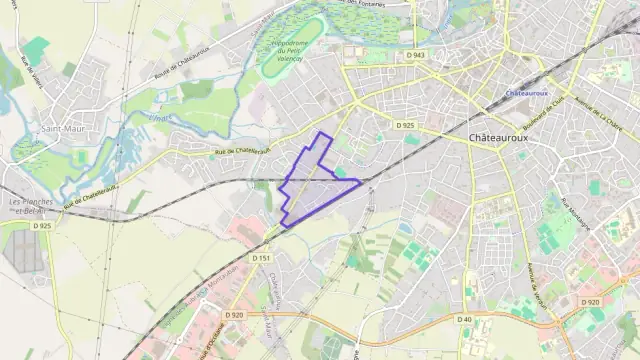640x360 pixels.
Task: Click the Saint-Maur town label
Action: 61,129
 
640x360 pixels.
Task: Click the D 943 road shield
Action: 416,54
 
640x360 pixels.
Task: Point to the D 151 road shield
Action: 261,258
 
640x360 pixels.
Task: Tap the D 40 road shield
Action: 464,319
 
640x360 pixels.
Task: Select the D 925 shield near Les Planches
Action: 41,226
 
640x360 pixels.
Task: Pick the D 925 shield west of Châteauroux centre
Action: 404,125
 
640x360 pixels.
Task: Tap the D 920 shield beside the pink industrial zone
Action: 234,315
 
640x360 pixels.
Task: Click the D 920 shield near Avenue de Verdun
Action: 591,302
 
